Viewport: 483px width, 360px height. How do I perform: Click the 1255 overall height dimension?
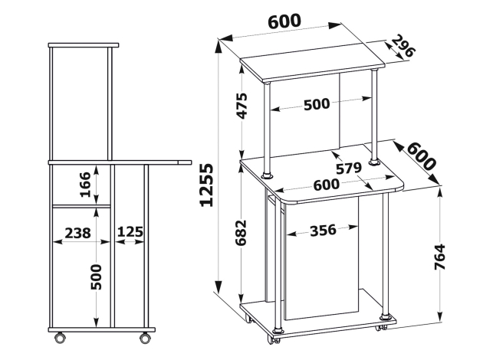tap(206, 185)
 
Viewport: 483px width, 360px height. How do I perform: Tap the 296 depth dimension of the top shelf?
tap(404, 46)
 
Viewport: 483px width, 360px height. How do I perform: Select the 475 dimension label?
tap(242, 106)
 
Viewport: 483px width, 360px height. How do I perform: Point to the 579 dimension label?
tap(348, 169)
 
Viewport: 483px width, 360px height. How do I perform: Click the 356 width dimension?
tap(323, 230)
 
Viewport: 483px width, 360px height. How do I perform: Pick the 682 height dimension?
tap(241, 233)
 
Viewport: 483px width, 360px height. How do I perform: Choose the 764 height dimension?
tap(439, 257)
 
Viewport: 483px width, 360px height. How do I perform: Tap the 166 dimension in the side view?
tap(85, 185)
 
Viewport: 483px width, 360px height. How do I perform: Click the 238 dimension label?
tap(77, 233)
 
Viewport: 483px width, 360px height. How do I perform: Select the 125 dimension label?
tap(130, 231)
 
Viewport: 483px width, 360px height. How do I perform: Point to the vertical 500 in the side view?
tap(96, 277)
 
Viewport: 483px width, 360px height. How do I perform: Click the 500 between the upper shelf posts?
tap(317, 104)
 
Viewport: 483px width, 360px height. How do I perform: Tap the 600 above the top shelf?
tap(284, 21)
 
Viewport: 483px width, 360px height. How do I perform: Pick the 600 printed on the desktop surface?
tap(327, 185)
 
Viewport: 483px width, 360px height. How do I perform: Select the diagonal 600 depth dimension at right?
tap(422, 156)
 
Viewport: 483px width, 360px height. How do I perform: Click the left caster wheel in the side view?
tap(60, 338)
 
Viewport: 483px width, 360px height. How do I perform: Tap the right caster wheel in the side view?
tap(145, 338)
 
